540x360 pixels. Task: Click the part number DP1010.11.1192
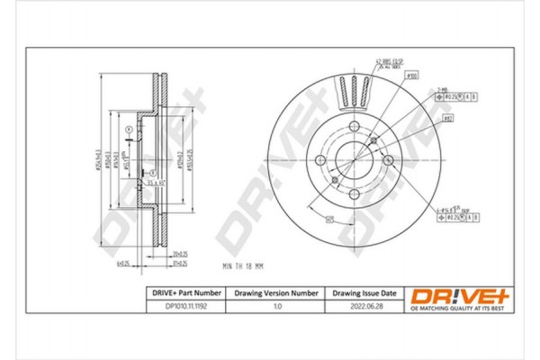coord(184,307)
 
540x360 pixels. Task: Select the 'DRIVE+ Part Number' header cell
coord(184,293)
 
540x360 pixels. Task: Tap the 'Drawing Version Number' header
coord(276,293)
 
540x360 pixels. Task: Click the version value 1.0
coord(276,307)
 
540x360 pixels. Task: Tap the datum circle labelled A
coord(130,130)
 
